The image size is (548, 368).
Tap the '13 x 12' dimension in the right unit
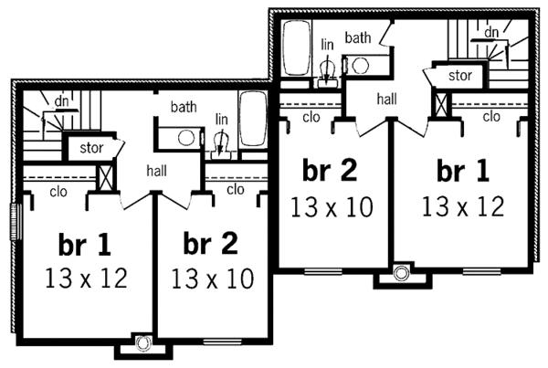point(463,206)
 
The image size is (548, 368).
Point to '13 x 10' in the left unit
point(213,277)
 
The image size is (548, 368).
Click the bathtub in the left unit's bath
point(252,121)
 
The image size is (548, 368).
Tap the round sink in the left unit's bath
point(187,138)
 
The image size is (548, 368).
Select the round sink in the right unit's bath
point(360,66)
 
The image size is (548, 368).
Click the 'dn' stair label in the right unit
point(491,32)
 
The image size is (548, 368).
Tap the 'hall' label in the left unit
point(155,169)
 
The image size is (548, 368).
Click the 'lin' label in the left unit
point(221,119)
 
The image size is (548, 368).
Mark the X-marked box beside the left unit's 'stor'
point(105,175)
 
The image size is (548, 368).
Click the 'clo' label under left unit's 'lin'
point(235,189)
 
